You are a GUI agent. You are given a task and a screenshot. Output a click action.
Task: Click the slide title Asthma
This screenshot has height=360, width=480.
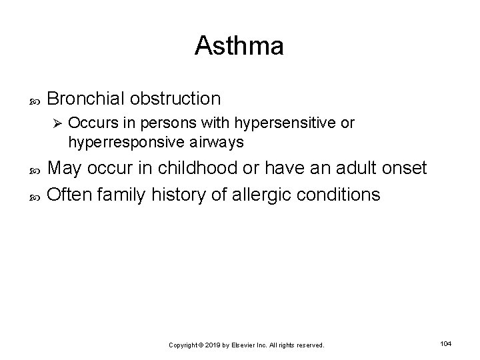point(239,46)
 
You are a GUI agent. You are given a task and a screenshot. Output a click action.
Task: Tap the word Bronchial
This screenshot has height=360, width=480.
point(86,99)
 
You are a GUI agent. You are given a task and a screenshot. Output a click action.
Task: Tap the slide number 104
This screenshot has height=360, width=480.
point(446,343)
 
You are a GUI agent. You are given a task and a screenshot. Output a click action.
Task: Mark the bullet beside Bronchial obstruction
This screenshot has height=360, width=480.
point(35,99)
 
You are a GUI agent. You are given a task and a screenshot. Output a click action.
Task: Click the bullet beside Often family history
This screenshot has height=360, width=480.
point(35,195)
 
